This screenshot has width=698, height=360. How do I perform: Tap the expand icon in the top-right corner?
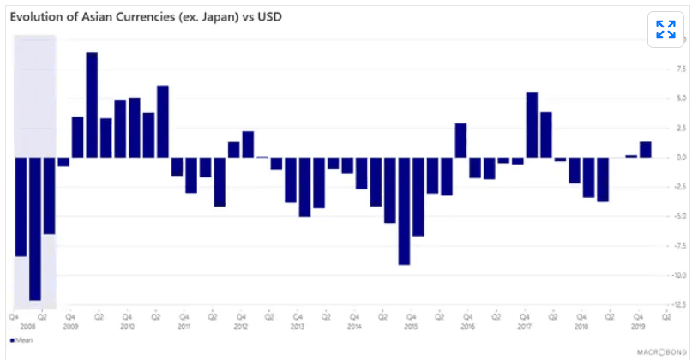pos(665,30)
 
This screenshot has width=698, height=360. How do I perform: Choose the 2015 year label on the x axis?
pos(411,327)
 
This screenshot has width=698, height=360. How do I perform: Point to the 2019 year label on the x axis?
pos(638,327)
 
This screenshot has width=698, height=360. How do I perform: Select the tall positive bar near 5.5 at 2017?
pos(532,124)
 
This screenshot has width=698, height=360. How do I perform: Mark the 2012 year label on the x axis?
pos(241,327)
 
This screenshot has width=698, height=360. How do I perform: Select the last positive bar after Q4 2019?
pos(646,149)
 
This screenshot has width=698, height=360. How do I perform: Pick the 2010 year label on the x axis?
pos(127,327)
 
